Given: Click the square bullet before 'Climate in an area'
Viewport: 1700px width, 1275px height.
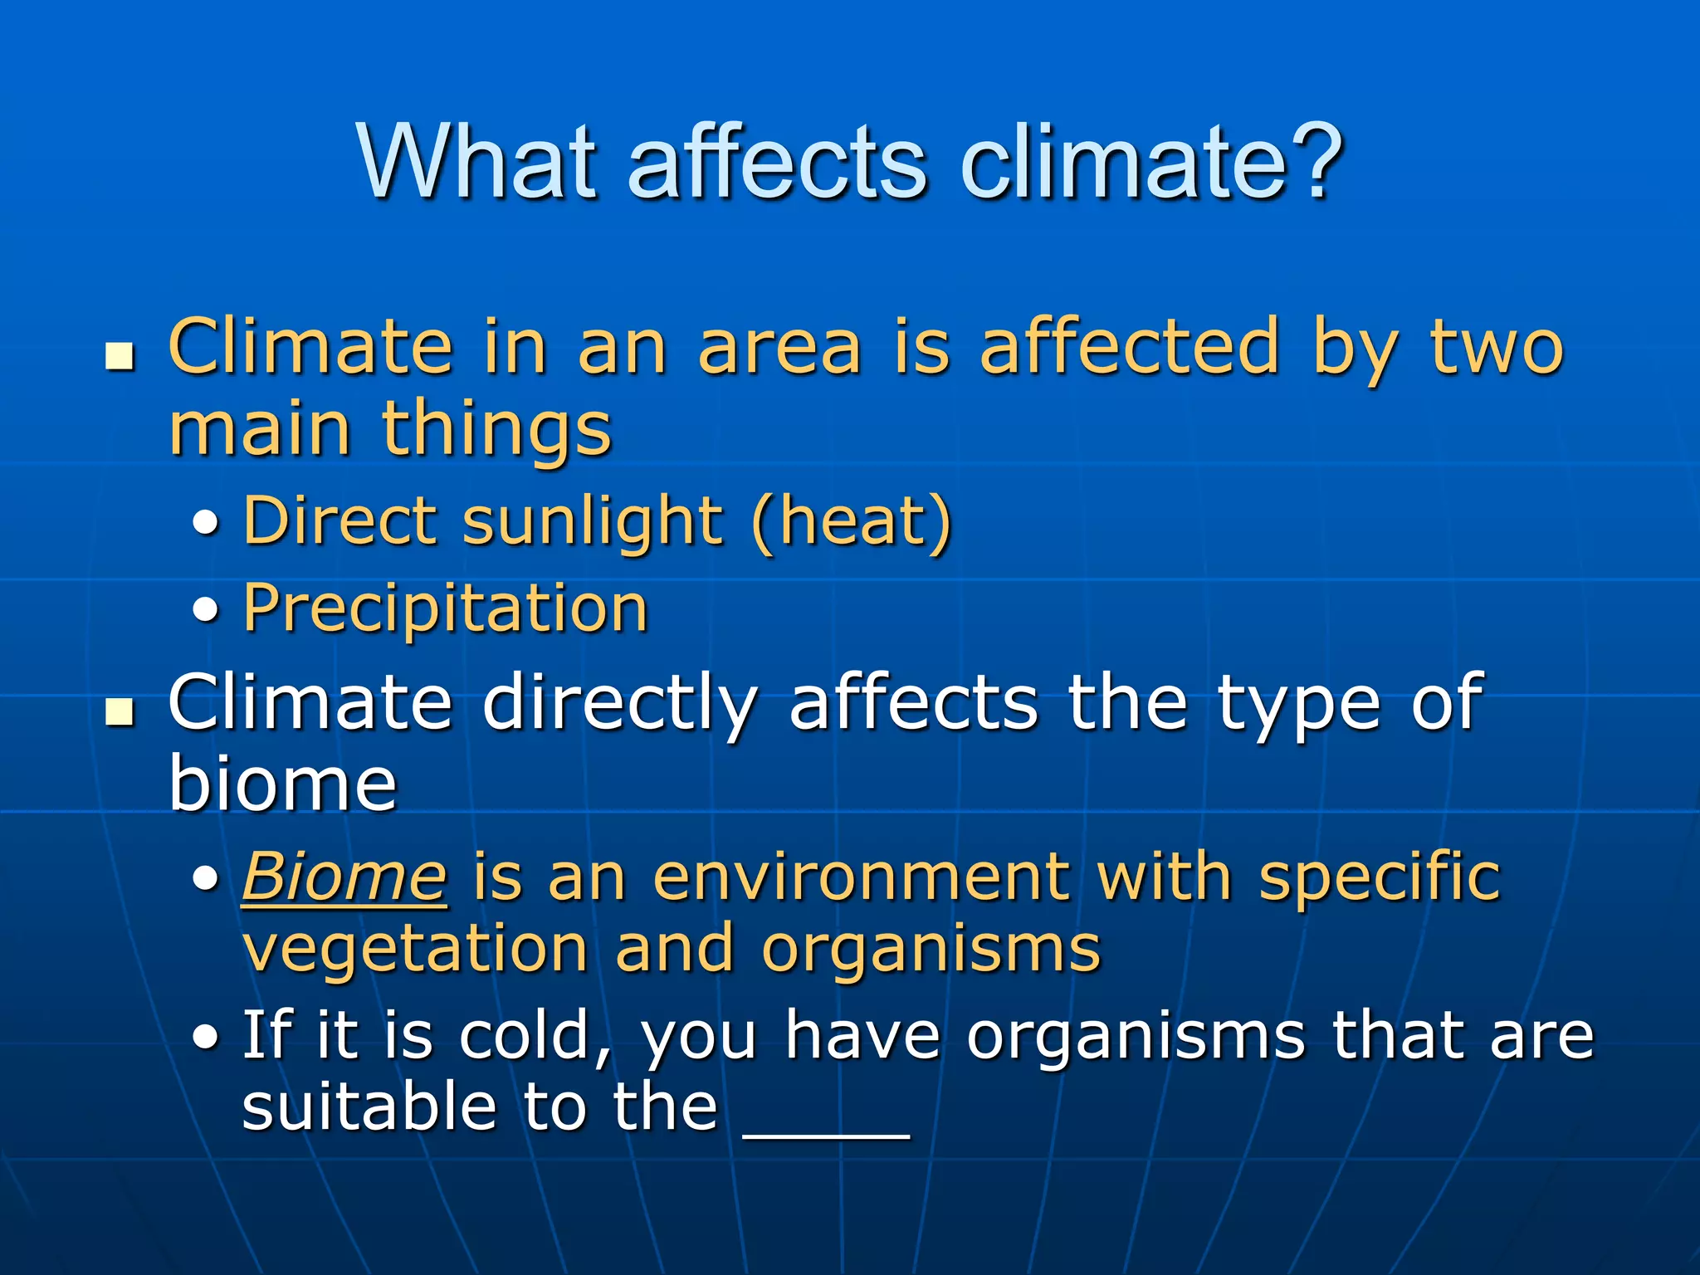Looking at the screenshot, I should click(120, 358).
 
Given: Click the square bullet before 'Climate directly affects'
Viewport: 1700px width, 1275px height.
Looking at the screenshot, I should click(120, 712).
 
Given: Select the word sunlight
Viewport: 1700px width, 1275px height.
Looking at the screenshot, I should click(592, 521).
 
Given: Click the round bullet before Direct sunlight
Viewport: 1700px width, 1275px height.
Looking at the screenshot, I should click(206, 524).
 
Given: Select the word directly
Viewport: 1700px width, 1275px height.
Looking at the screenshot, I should click(619, 704).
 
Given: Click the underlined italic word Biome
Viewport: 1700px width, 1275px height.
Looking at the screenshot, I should click(344, 877).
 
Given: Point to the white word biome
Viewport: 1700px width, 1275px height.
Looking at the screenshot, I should click(282, 784).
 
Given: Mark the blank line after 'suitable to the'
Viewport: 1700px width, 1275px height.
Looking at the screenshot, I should click(827, 1134).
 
